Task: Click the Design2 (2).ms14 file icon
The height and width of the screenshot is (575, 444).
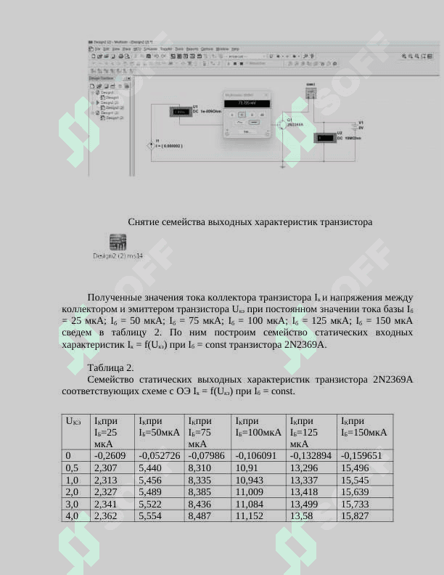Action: (x=118, y=242)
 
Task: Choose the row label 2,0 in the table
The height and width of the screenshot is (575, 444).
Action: (x=72, y=492)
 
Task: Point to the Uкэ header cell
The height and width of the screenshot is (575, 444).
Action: (x=73, y=421)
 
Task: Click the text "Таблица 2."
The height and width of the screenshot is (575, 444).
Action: (x=110, y=367)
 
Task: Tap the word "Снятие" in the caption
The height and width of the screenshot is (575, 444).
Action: (x=145, y=221)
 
